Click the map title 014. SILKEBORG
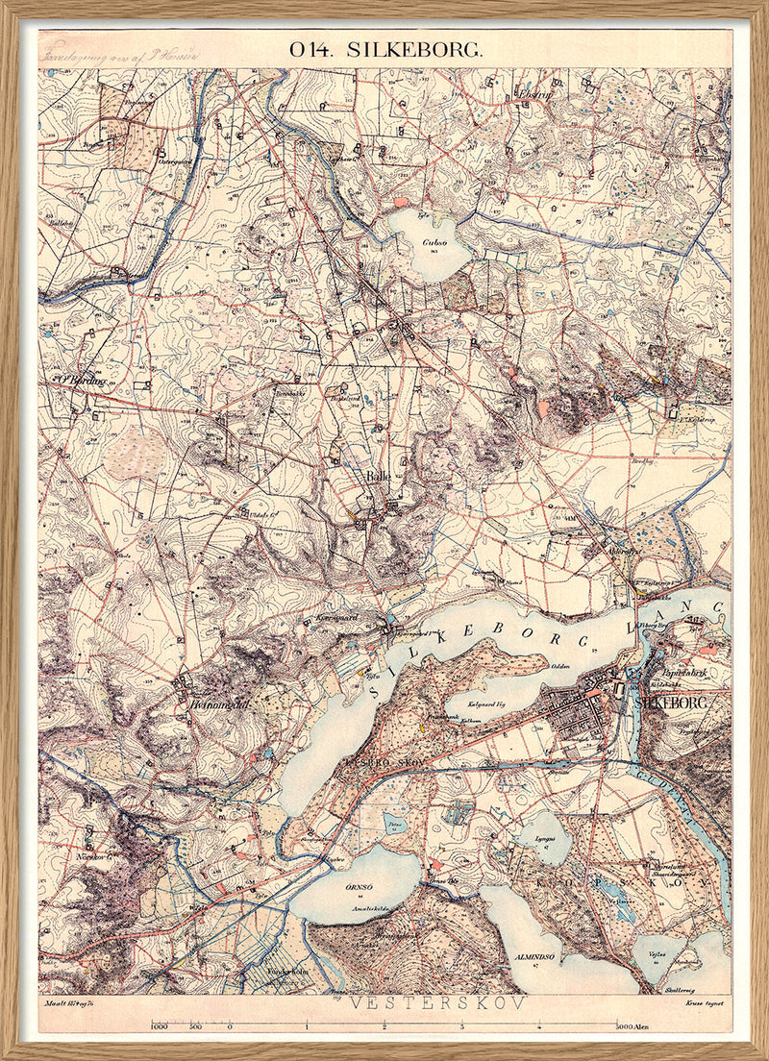pyautogui.click(x=384, y=50)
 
